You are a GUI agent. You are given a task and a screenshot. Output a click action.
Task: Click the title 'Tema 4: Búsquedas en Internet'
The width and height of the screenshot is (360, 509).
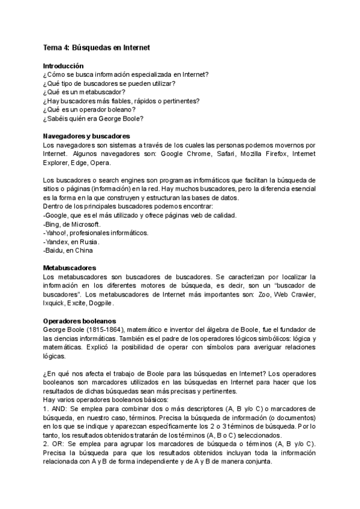[x=96, y=47]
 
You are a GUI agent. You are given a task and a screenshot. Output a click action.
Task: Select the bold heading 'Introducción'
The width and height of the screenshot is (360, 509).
[x=64, y=65]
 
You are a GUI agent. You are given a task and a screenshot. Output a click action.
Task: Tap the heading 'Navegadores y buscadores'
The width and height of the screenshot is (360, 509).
[x=86, y=136]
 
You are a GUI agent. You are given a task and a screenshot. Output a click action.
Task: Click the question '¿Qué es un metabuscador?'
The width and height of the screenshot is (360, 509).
[x=84, y=92]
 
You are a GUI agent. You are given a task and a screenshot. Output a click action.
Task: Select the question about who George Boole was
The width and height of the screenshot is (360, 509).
[x=93, y=118]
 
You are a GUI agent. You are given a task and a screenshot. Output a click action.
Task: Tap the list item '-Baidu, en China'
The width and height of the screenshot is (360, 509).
[x=68, y=250]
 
